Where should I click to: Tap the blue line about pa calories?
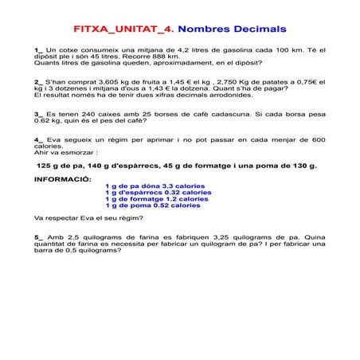(x=155, y=186)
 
